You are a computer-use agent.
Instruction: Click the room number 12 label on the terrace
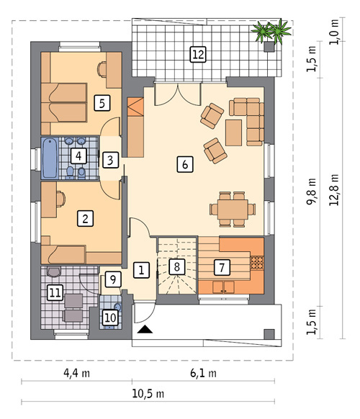coord(198,54)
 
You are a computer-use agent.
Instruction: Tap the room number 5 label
coord(102,103)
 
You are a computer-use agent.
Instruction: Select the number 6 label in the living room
coord(185,164)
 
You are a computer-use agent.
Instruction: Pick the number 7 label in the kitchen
coord(222,267)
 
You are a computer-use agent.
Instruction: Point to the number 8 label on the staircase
coord(176,266)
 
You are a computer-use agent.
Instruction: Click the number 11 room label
coord(55,292)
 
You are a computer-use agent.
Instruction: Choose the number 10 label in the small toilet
coord(110,317)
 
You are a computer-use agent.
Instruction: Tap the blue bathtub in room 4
coord(50,158)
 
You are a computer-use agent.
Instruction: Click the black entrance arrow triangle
coord(145,330)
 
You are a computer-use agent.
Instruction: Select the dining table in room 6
coord(233,209)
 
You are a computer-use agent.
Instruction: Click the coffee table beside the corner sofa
coord(233,132)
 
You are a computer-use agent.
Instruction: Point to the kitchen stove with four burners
coord(257,262)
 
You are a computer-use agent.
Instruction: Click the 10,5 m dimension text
coord(148,394)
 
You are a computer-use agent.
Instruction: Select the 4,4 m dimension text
coord(77,373)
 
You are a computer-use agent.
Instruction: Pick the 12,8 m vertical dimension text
coord(334,190)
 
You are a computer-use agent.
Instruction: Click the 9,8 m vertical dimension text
coord(311,192)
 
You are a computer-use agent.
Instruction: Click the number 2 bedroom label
coord(85,219)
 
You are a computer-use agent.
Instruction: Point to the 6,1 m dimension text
coord(203,373)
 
